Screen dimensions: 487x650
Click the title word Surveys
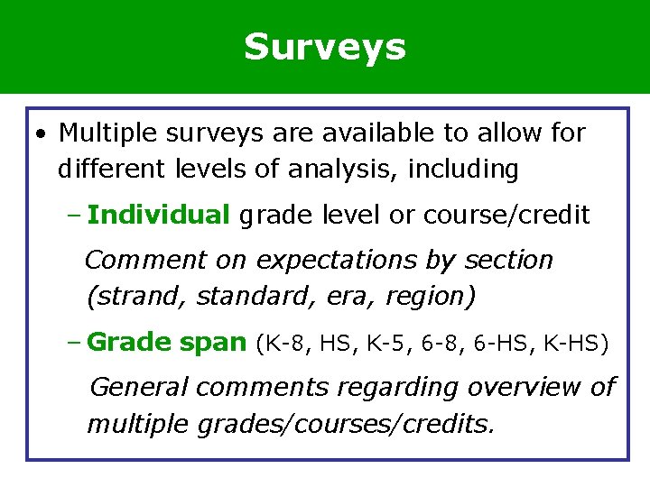[x=324, y=47]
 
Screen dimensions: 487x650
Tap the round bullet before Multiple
[x=42, y=135]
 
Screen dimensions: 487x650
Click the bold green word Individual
[x=159, y=215]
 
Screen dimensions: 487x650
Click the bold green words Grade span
[x=167, y=343]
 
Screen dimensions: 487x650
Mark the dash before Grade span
[x=75, y=343]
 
